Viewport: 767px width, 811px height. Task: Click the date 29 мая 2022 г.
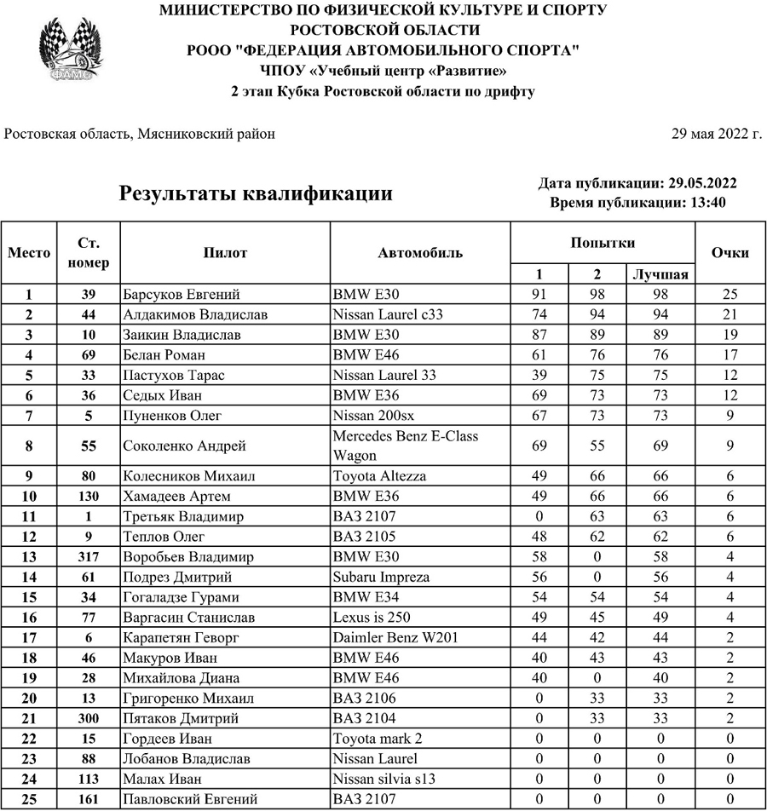tap(716, 135)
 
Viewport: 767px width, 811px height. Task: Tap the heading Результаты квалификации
tap(256, 193)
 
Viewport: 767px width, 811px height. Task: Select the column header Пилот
tap(225, 253)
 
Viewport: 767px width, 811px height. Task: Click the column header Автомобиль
tap(420, 253)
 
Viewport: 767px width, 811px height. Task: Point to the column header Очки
tap(730, 253)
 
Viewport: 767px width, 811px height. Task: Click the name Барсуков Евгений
tap(181, 295)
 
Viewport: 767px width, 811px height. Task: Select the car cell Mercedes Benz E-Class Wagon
tap(405, 446)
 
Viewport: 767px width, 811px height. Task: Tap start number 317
tap(89, 557)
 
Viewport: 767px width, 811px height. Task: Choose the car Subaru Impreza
tap(381, 578)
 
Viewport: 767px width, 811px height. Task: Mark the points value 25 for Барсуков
tap(730, 295)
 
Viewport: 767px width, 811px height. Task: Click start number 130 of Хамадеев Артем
tap(89, 497)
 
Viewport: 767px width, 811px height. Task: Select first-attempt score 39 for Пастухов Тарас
tap(539, 376)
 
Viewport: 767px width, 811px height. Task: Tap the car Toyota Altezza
tap(379, 476)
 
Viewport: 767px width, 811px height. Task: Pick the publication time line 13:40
tap(638, 203)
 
